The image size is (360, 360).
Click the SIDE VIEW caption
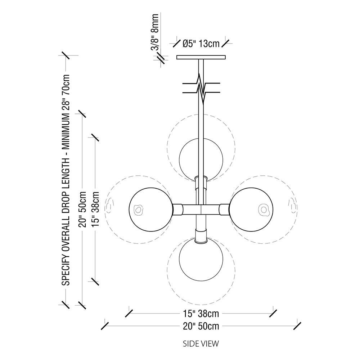click(x=201, y=343)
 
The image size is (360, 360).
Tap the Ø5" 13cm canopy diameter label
click(x=201, y=44)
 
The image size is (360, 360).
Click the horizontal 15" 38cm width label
click(x=201, y=313)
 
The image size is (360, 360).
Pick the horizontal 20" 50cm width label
click(x=201, y=326)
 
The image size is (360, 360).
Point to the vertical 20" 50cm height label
click(x=83, y=209)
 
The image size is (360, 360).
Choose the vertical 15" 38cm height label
click(x=95, y=209)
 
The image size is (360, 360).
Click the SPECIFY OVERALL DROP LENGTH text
click(x=66, y=180)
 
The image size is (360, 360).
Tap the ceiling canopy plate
click(x=201, y=57)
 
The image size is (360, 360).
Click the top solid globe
click(x=201, y=158)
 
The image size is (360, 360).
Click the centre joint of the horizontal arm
click(x=201, y=209)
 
